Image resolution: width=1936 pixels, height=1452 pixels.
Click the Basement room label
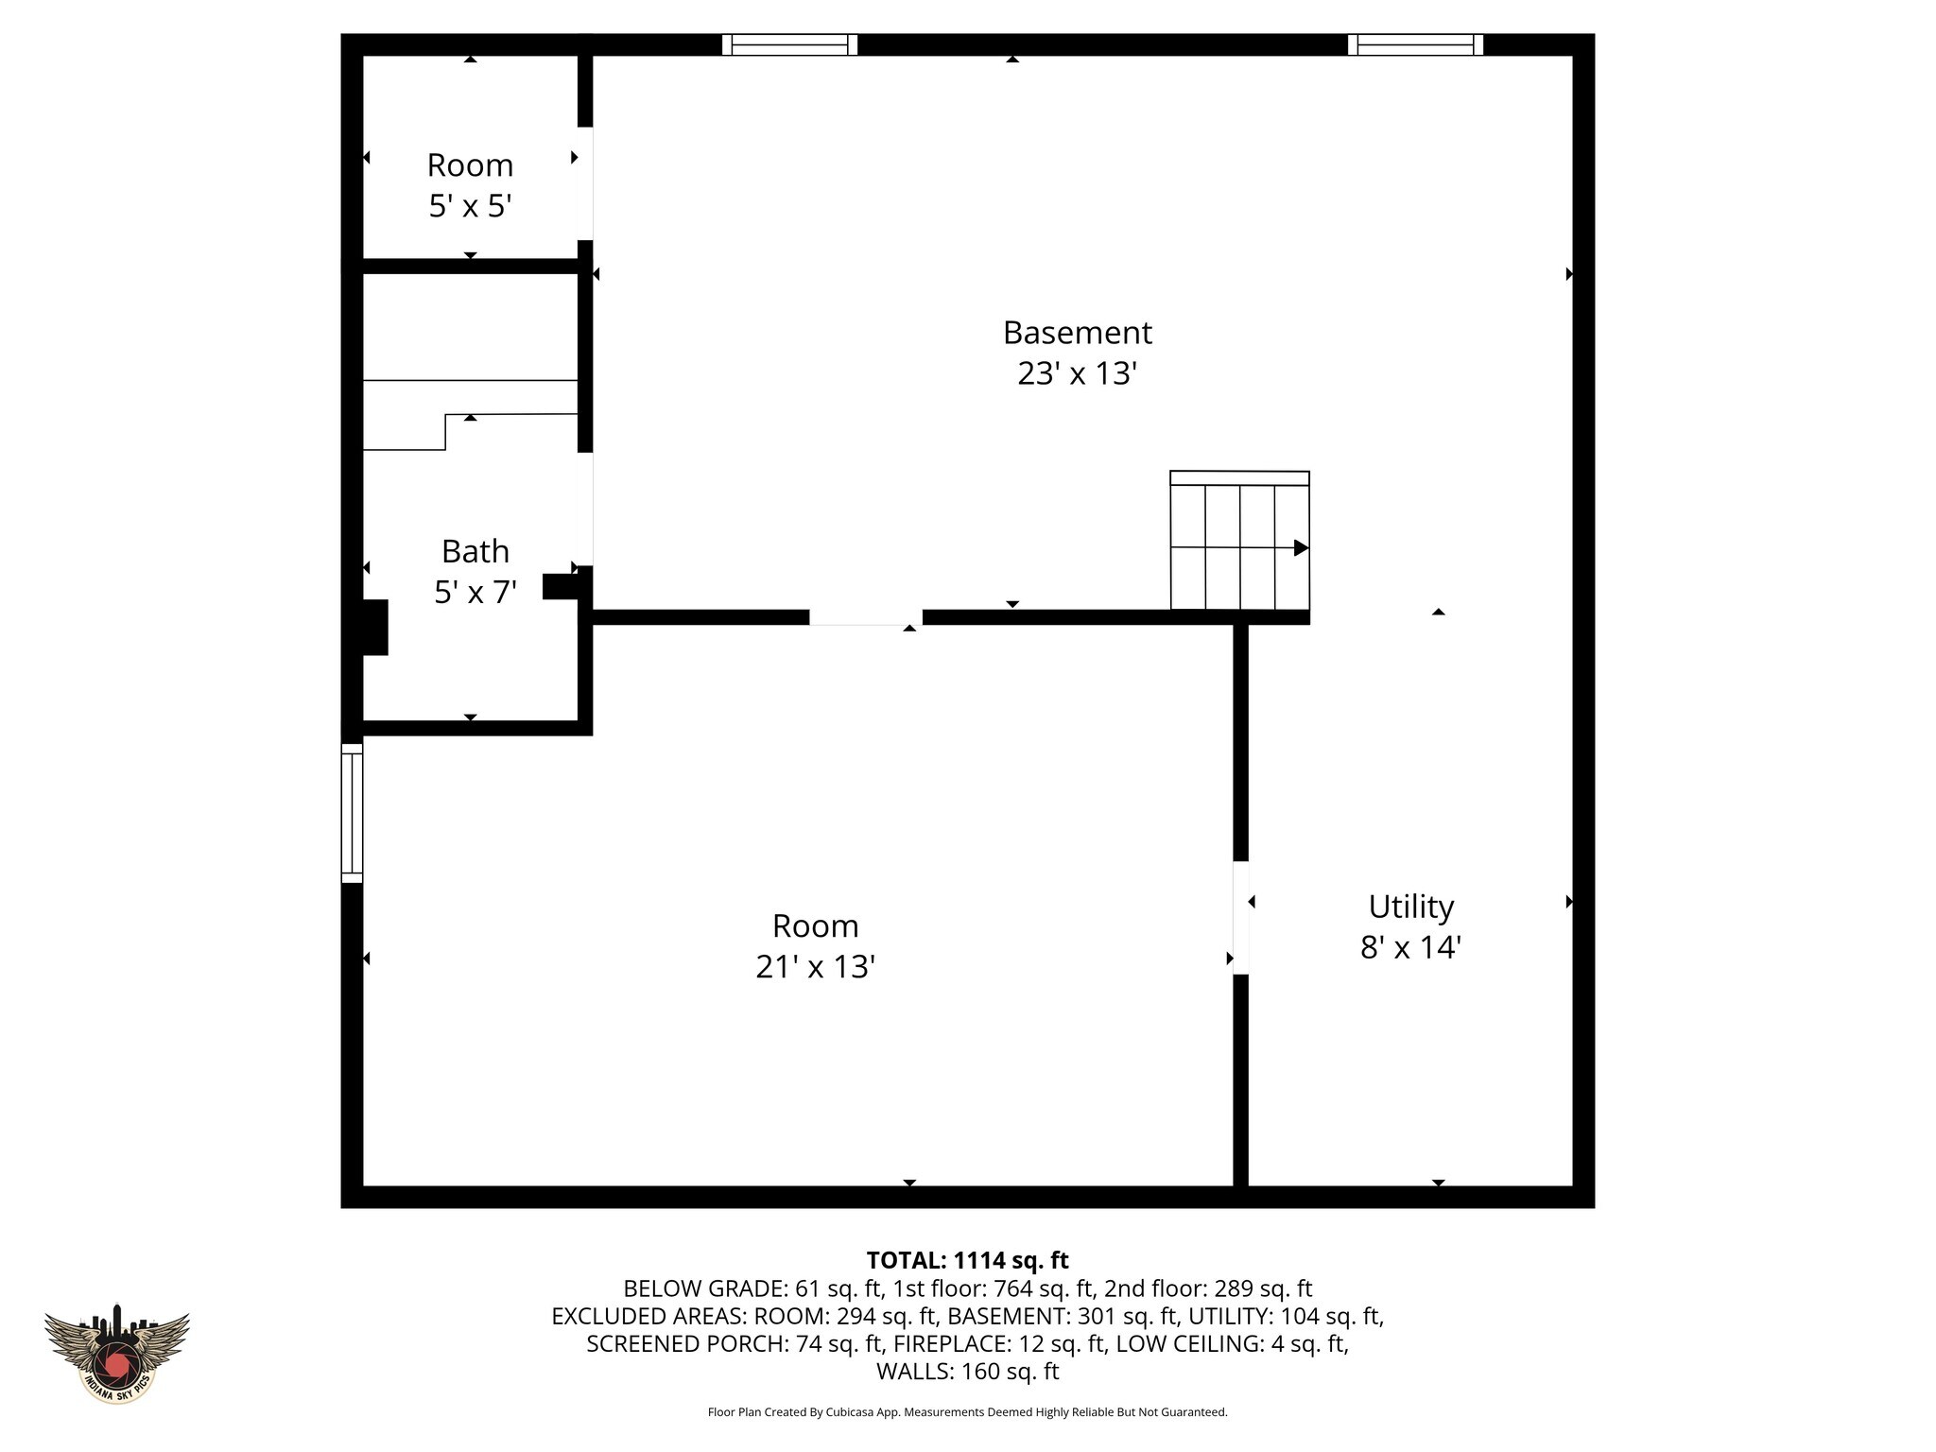pos(1077,333)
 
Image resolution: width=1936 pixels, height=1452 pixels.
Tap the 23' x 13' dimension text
pos(1076,374)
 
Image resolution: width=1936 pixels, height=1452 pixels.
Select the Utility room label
pos(1410,907)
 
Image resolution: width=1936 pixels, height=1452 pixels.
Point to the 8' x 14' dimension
pos(1410,947)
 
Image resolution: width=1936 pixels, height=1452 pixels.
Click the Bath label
pos(475,551)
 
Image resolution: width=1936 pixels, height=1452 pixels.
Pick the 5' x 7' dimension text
pos(475,593)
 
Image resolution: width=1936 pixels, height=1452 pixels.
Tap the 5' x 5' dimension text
pos(470,206)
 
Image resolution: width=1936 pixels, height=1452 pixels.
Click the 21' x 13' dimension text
pos(815,967)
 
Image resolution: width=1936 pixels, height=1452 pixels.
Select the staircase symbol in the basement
pos(1239,541)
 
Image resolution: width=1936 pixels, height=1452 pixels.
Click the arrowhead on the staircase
pos(1302,547)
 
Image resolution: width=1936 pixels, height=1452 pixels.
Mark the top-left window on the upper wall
pos(789,44)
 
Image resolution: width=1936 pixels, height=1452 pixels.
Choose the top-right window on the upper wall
pos(1415,44)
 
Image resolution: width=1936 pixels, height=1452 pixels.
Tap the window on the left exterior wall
pos(352,813)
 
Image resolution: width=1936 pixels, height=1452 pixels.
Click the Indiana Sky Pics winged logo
pos(116,1353)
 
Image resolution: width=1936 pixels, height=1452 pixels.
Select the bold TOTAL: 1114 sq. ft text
pos(967,1260)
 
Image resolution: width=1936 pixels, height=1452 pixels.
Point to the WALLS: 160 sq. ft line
pos(967,1371)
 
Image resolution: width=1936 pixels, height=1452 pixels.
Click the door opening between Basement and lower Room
pos(866,617)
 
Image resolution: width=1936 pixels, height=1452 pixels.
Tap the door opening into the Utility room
pos(1240,917)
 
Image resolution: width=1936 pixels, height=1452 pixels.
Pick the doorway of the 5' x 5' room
pos(585,183)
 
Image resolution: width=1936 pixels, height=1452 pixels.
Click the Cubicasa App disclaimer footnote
pos(967,1412)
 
